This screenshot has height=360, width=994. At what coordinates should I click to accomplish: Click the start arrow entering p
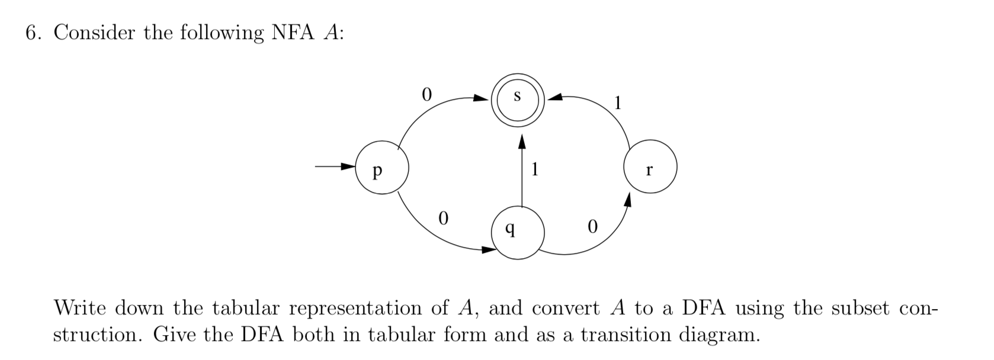(335, 167)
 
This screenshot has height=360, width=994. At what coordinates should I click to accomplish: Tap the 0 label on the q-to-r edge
(591, 227)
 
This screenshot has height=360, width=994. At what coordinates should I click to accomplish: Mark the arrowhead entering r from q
(627, 202)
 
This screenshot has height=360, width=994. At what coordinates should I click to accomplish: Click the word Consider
(94, 33)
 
